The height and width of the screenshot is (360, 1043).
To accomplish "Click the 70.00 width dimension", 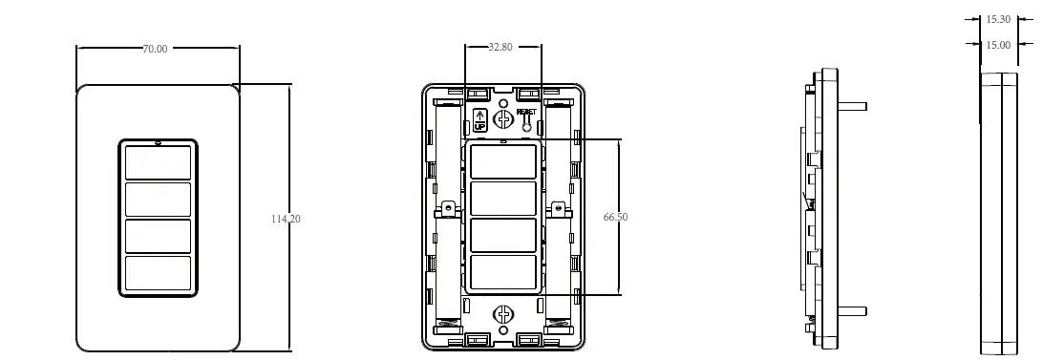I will click(x=155, y=49).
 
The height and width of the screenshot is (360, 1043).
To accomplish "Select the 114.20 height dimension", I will click(x=286, y=219).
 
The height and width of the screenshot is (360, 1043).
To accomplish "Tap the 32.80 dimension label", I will click(x=500, y=47).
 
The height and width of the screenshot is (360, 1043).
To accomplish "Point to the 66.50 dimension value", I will click(x=616, y=217).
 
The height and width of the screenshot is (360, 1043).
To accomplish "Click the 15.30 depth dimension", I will click(x=998, y=18).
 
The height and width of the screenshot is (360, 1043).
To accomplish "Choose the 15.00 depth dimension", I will click(x=998, y=44).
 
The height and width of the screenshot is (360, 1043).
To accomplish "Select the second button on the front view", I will click(x=158, y=199).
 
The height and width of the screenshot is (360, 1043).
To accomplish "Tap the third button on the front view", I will click(x=158, y=235).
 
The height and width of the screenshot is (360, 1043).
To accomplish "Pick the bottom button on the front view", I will click(x=158, y=272).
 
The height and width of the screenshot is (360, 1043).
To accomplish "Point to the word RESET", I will click(x=526, y=112).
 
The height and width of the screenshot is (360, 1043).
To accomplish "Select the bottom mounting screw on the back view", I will click(x=502, y=315).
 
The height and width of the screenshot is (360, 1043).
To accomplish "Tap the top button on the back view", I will click(x=502, y=161).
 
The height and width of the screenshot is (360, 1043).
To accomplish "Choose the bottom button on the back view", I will click(x=502, y=271).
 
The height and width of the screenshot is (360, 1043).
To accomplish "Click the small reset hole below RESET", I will click(x=527, y=126).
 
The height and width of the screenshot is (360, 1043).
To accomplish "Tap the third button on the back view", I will click(x=502, y=235).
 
